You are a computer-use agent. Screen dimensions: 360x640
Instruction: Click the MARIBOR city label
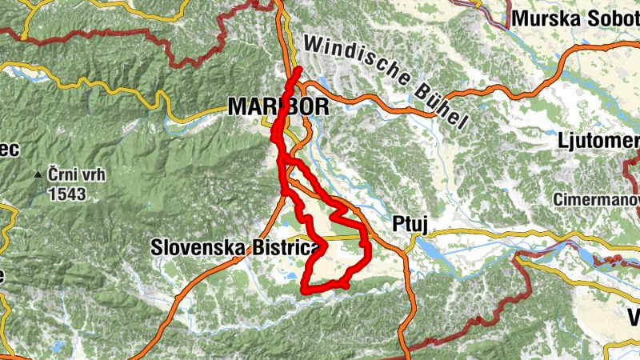(x=278, y=106)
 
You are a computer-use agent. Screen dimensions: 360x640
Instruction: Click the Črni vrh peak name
(x=76, y=175)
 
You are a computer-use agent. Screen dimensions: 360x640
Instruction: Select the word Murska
(x=540, y=18)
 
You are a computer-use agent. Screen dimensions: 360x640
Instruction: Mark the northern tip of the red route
(x=298, y=71)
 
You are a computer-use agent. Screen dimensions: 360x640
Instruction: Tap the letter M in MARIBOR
(x=238, y=106)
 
